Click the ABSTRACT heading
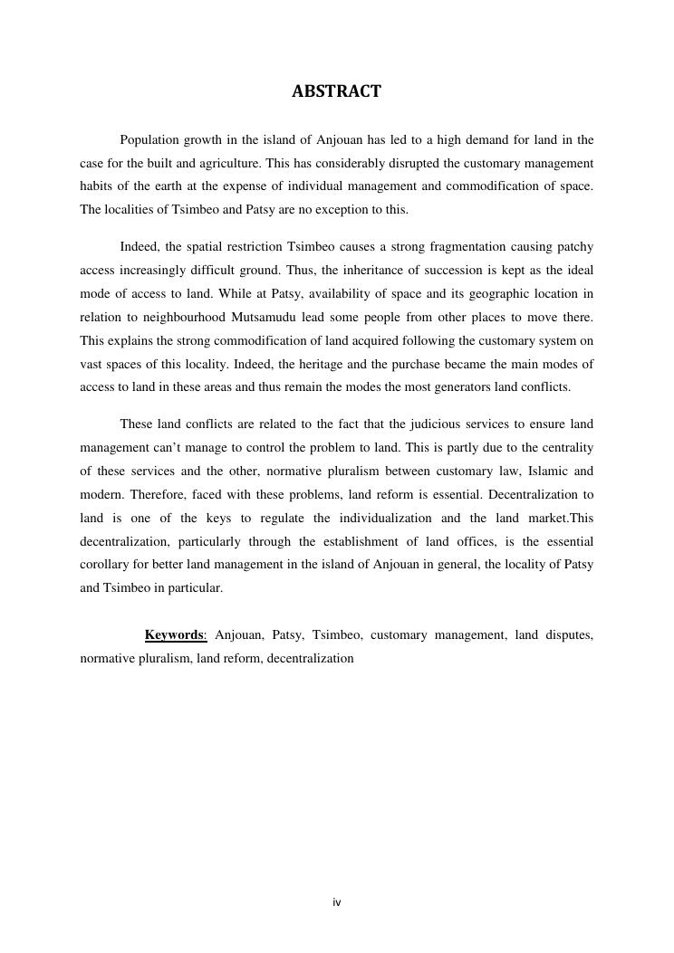[x=336, y=91]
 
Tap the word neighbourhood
[x=184, y=318]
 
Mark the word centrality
[x=564, y=448]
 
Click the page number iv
[x=337, y=902]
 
